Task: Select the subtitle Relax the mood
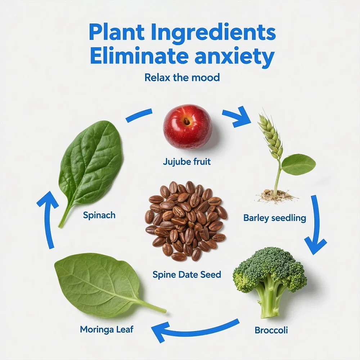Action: pos(182,77)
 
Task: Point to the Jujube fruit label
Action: pos(186,162)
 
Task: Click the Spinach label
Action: pos(99,215)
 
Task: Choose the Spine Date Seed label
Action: pos(186,274)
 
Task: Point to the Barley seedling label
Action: pos(275,218)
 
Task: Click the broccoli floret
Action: pos(270,280)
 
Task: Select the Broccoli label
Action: pos(271,330)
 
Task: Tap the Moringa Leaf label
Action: pos(107,330)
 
